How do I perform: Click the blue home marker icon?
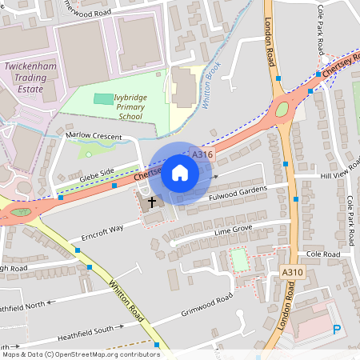pos(180,173)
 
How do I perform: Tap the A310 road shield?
pos(293,273)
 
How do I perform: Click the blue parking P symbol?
pos(337,329)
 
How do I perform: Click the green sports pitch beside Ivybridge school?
pos(103,98)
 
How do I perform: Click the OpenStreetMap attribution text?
pos(80,354)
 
